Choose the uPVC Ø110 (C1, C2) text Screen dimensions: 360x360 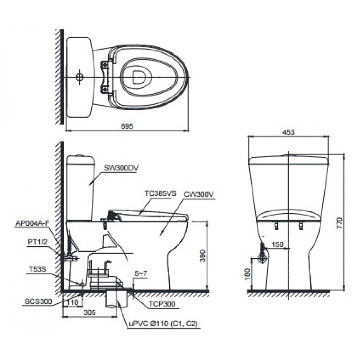163,324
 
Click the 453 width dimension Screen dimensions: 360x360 288,132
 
